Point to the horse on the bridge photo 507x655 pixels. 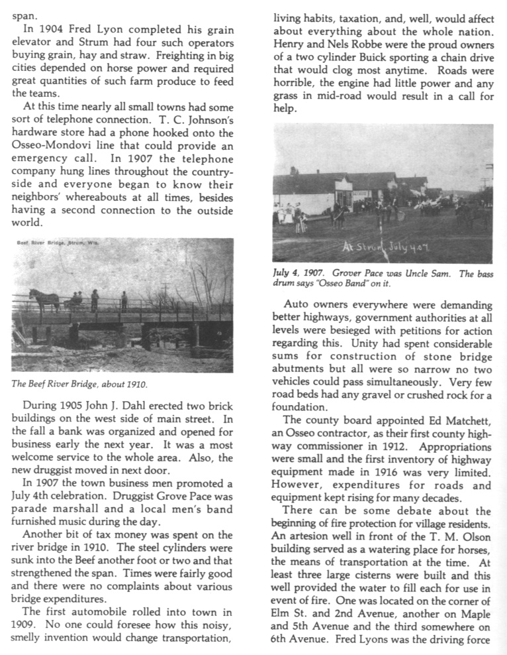44,299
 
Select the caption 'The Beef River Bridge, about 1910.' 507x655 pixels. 79,384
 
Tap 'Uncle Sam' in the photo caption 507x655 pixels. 427,273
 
